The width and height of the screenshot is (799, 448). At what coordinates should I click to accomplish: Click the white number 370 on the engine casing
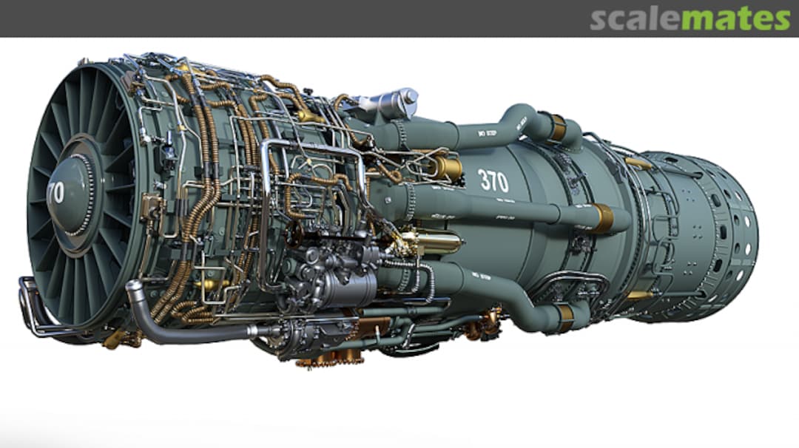point(493,180)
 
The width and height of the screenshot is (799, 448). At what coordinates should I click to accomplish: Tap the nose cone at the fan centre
point(71,194)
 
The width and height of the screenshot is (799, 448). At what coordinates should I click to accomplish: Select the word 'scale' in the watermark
point(635,19)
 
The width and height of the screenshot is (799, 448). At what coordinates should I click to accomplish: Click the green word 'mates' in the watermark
point(735,19)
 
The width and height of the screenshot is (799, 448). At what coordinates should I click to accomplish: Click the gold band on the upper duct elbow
point(556,128)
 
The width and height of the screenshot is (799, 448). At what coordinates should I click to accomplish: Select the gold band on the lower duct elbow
point(565,318)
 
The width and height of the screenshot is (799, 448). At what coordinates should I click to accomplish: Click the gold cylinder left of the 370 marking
point(445,169)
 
